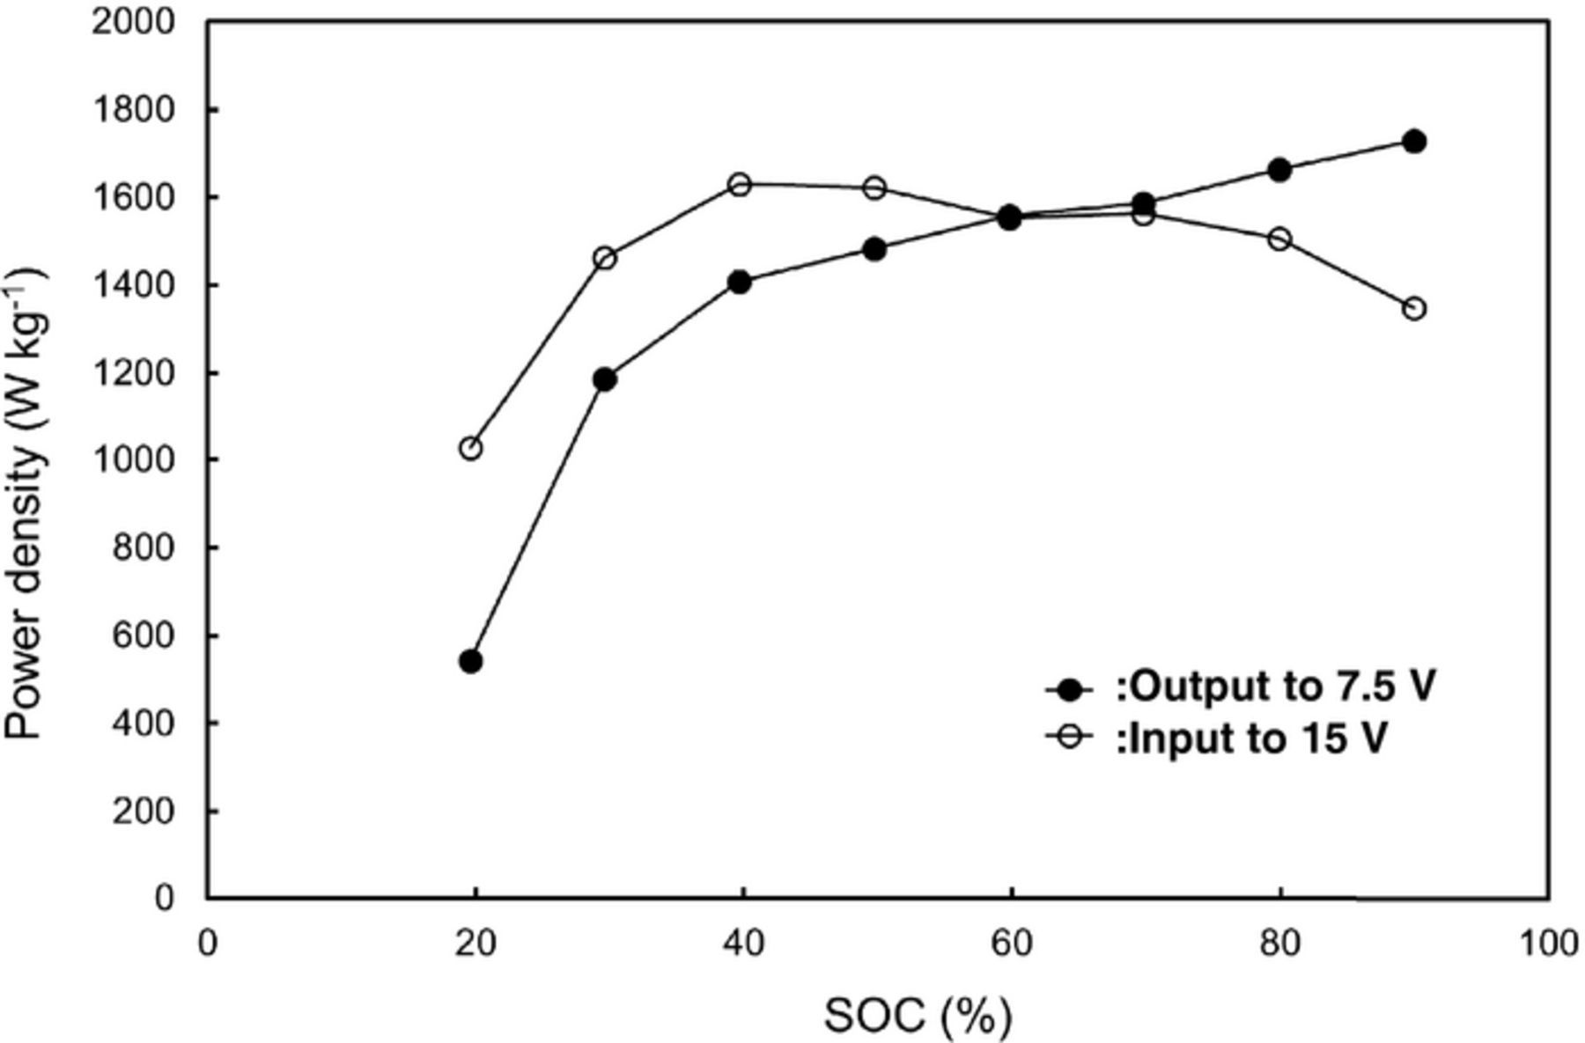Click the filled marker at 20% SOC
click(470, 661)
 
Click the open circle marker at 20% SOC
click(471, 448)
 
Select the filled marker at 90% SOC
click(1414, 142)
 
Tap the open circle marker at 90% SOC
click(1414, 309)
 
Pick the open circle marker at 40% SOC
click(740, 185)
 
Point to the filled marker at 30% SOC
click(604, 379)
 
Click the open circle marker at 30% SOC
click(605, 258)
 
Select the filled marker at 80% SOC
click(1279, 170)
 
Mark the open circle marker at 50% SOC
click(874, 187)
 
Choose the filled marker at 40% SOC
click(740, 283)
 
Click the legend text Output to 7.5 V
click(1276, 687)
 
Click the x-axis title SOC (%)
click(918, 1017)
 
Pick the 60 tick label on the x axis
click(1010, 944)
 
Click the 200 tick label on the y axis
click(144, 811)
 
